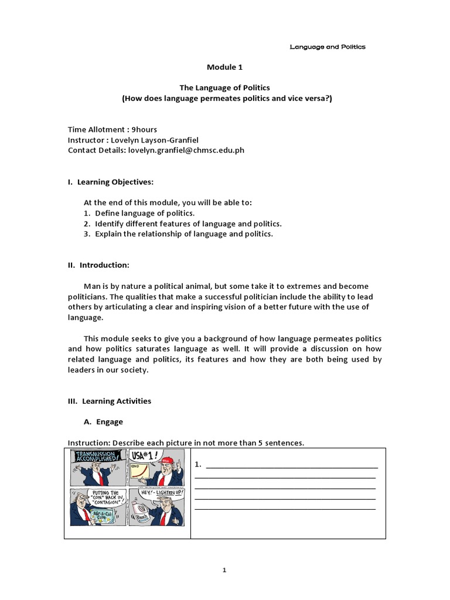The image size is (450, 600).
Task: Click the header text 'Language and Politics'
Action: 328,47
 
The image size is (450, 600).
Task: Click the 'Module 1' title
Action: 224,67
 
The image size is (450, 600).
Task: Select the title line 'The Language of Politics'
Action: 224,87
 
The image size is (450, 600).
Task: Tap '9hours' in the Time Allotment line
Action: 144,129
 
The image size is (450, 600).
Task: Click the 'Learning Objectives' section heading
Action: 115,182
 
